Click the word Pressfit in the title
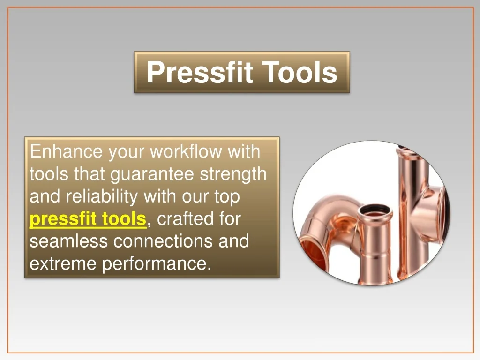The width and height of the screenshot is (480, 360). [x=200, y=72]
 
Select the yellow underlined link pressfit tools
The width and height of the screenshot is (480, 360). [x=88, y=219]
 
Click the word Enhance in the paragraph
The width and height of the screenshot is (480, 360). [x=66, y=151]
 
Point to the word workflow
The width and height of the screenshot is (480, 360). [x=186, y=151]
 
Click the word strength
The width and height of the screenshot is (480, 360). [x=233, y=174]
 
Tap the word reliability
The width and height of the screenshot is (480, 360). [x=102, y=196]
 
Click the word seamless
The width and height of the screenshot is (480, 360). [x=68, y=241]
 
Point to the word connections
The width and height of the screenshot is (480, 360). [x=163, y=241]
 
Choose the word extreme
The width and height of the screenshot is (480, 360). [x=63, y=263]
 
